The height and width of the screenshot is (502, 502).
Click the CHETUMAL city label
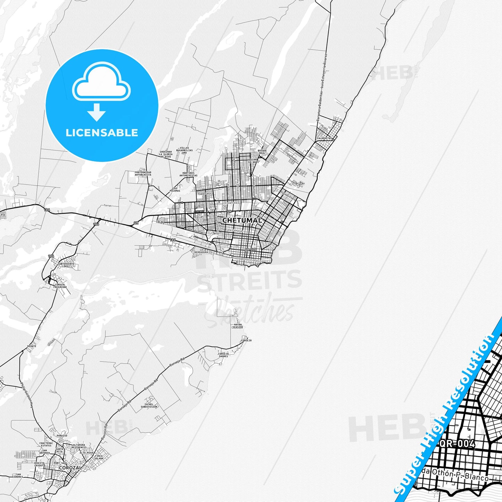tap(242, 220)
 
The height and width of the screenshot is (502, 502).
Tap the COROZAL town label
tap(71, 468)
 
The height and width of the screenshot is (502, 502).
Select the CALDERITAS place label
tap(324, 138)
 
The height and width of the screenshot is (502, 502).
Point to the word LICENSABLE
tap(102, 133)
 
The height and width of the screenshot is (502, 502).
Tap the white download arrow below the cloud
tap(96, 112)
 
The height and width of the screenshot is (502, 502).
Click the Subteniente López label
tap(66, 265)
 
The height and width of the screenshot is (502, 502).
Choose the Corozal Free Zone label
tap(60, 286)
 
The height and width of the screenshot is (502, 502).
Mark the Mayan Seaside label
tap(238, 326)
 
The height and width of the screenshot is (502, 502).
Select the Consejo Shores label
tap(223, 355)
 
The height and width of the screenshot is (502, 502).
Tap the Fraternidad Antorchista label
tap(143, 173)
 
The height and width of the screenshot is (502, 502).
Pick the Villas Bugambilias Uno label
tap(184, 150)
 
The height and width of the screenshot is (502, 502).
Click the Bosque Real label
tap(262, 152)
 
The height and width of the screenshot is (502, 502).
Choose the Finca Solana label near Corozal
tap(99, 457)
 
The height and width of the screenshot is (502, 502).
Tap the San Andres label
tap(18, 476)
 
